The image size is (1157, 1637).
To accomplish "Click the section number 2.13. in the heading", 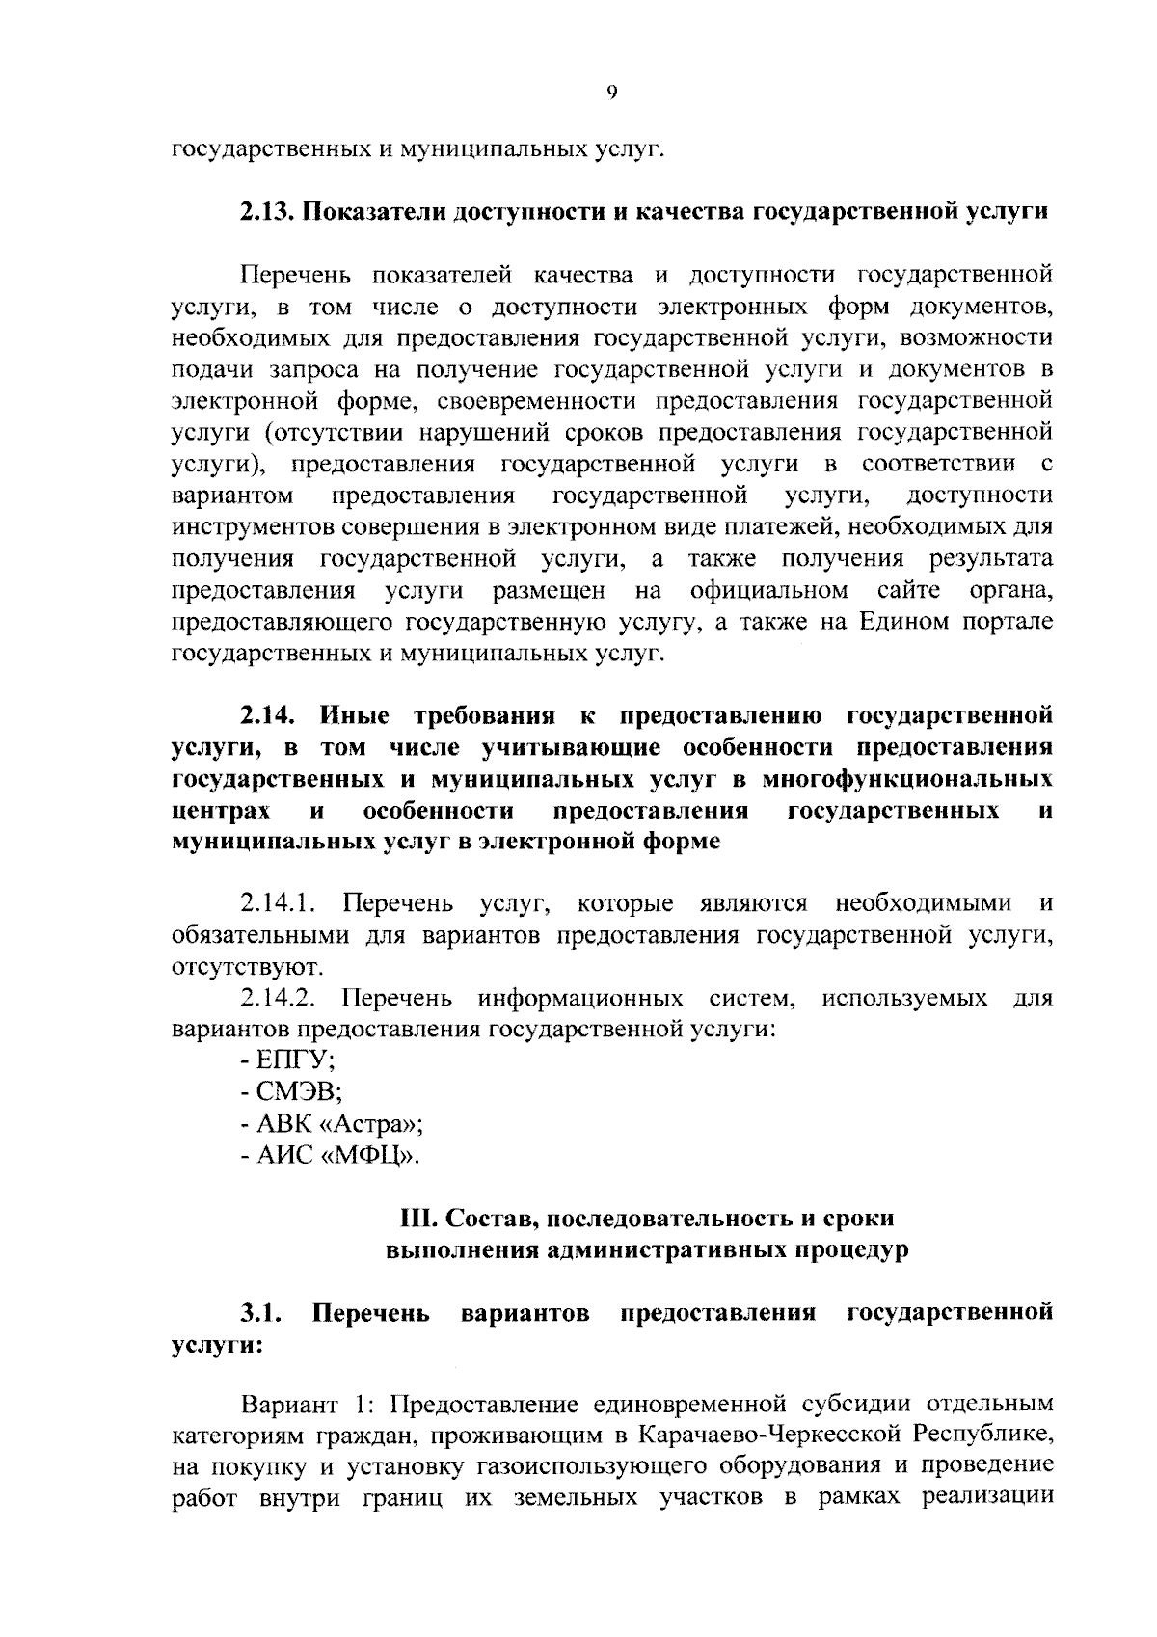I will coord(265,212).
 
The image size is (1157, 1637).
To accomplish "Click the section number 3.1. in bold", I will coord(260,1313).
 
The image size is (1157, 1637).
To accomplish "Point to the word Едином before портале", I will coord(901,622).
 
